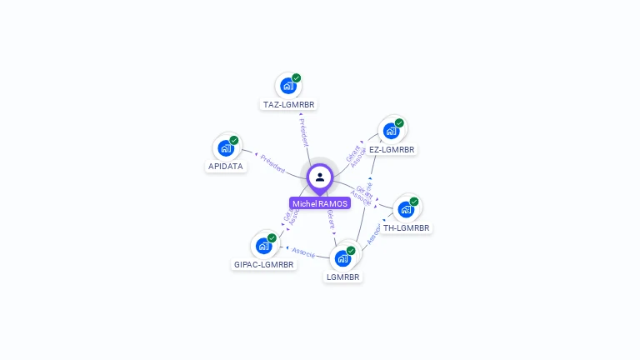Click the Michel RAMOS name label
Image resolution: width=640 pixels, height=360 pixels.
(320, 203)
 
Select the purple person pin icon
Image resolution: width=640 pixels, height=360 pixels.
(320, 177)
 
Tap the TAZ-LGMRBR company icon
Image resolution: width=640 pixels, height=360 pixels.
(288, 86)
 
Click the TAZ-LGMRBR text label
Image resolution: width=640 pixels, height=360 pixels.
(289, 105)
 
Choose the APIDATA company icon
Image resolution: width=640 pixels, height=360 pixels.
(226, 147)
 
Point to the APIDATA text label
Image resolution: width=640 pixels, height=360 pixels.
(226, 166)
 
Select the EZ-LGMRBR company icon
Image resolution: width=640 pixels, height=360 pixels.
(391, 131)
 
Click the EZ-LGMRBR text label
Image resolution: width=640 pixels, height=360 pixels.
(392, 150)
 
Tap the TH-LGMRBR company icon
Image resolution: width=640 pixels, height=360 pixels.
(406, 208)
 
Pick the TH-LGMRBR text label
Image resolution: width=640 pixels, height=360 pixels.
(406, 227)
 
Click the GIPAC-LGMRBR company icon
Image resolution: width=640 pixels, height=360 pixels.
(264, 246)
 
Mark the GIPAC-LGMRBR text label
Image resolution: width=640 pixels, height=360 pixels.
(264, 265)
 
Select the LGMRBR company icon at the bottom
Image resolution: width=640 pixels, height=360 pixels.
(342, 257)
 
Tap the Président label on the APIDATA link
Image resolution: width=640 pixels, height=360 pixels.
(272, 162)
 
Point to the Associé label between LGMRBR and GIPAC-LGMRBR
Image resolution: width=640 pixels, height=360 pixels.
(303, 252)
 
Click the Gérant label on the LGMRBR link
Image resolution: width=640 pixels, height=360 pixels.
(331, 219)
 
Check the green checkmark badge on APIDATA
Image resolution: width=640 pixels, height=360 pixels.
(234, 140)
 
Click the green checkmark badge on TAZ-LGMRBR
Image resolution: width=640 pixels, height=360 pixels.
(297, 77)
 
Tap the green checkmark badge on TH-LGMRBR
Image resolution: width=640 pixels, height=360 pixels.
(414, 201)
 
